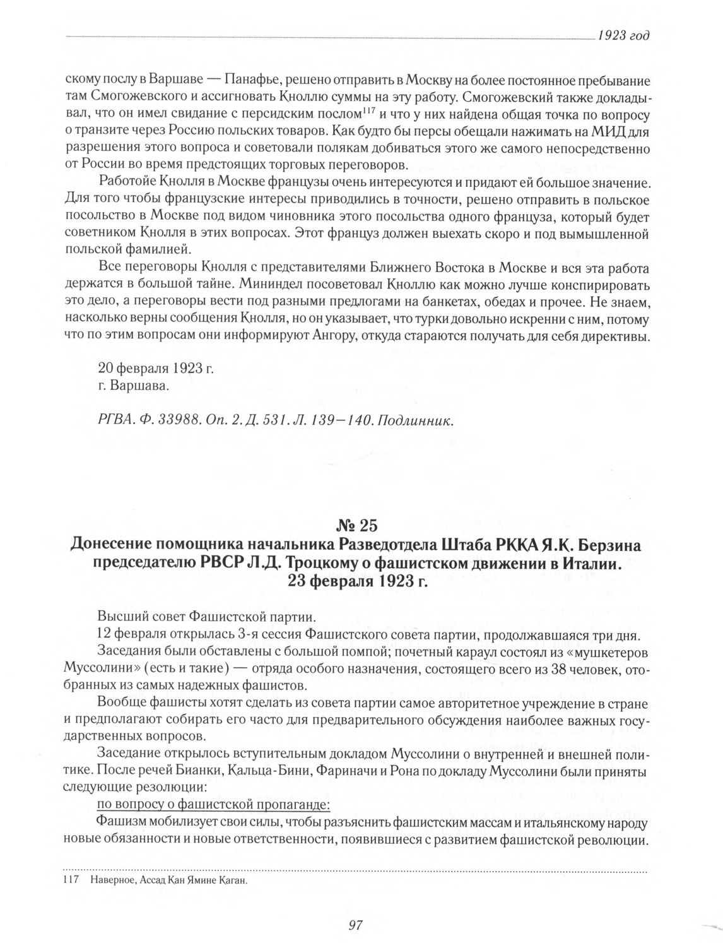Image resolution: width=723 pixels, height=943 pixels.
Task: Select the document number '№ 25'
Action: tap(358, 526)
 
